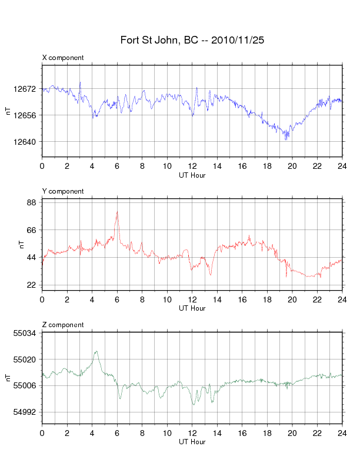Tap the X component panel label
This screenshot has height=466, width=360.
(x=63, y=58)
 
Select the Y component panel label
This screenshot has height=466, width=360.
(x=63, y=191)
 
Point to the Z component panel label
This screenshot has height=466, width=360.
(x=63, y=325)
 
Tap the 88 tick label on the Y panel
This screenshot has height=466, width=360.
(x=32, y=202)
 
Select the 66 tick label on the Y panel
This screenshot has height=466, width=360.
(x=32, y=230)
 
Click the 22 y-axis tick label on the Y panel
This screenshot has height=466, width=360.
(x=32, y=285)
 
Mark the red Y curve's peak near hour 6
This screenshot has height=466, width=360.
(x=117, y=212)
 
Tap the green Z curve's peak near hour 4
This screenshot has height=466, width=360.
(x=95, y=351)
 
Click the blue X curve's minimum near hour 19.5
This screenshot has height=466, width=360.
(x=286, y=139)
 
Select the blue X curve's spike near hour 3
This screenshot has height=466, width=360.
(x=80, y=82)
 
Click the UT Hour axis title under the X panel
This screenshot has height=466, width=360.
(x=192, y=175)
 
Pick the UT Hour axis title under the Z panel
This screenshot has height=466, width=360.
(x=192, y=442)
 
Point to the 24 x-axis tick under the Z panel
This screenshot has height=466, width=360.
(x=342, y=433)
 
